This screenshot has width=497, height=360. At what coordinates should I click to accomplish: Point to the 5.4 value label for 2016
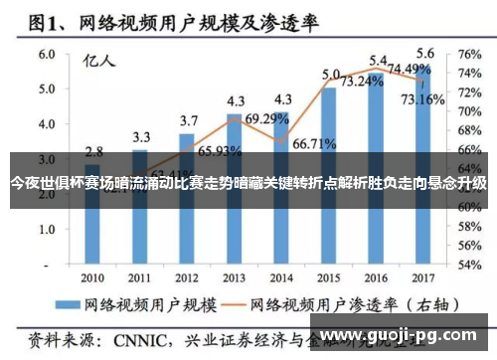click(x=379, y=61)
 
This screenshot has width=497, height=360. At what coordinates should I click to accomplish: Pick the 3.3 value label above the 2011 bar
click(x=141, y=136)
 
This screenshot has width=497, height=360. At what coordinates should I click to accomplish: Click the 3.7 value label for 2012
click(x=189, y=120)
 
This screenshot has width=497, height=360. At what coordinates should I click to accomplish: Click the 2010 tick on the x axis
click(x=93, y=277)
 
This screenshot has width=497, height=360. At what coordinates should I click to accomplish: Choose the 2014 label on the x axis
click(x=282, y=277)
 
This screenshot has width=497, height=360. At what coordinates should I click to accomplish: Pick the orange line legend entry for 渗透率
click(x=338, y=301)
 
